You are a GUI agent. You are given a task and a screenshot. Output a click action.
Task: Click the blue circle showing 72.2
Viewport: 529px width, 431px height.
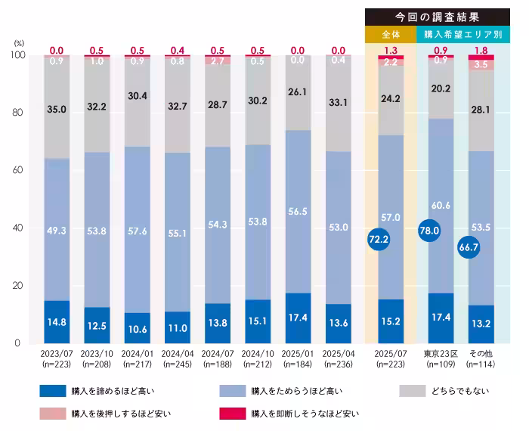click(378, 239)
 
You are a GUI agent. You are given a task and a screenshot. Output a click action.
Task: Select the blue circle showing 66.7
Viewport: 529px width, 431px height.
click(469, 247)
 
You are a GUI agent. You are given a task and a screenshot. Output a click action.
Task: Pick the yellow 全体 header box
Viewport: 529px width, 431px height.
click(391, 34)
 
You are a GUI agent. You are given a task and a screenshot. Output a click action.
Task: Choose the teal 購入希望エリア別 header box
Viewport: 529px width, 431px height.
click(463, 34)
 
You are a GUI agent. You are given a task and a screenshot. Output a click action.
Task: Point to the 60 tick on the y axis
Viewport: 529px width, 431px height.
click(19, 170)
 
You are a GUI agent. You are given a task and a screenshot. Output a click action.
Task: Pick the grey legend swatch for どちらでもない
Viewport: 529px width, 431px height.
click(415, 391)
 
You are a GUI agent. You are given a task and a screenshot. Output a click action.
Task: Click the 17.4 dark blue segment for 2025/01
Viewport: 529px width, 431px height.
click(299, 317)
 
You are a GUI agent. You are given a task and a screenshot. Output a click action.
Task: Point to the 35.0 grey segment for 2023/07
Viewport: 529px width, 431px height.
click(57, 109)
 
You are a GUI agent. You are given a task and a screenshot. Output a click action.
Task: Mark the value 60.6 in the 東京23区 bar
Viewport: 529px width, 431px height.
click(441, 205)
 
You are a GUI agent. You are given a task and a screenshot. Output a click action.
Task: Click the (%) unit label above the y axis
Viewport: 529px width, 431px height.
click(19, 44)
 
